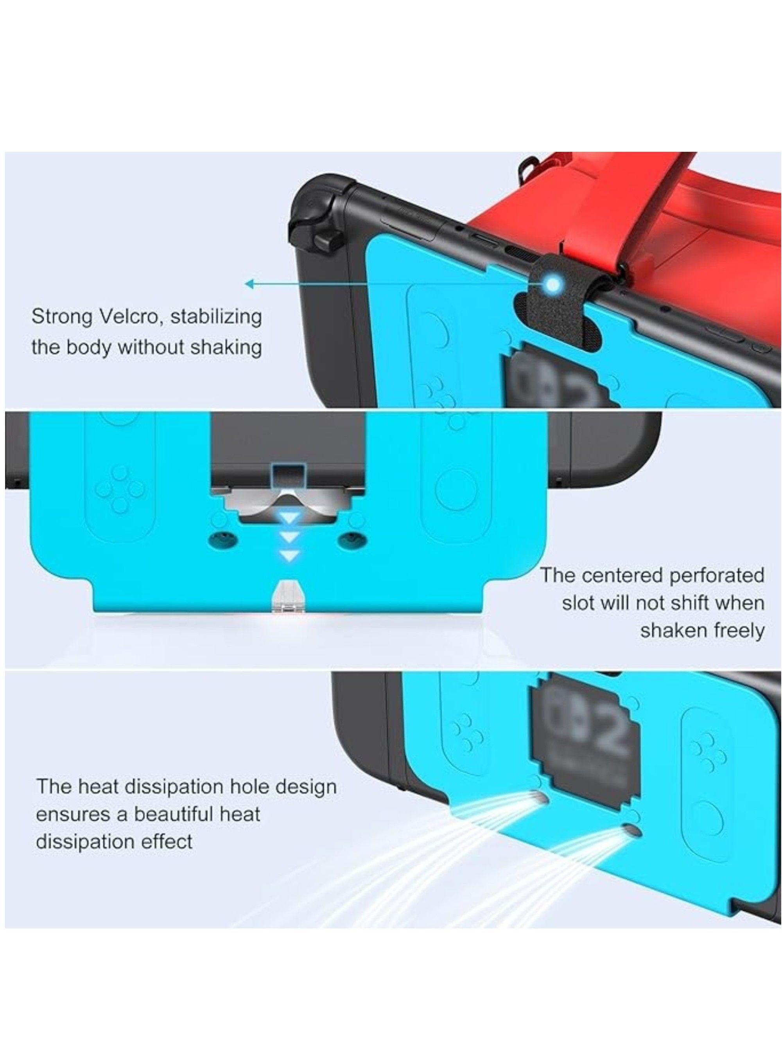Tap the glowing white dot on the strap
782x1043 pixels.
coord(554,284)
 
